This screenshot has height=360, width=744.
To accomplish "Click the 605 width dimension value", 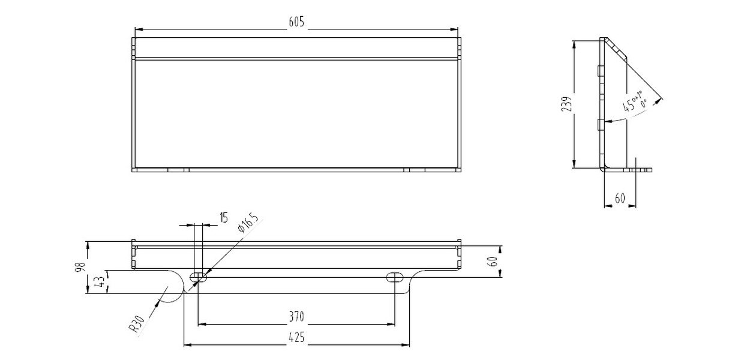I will click(297, 22).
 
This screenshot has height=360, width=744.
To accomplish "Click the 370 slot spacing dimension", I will click(296, 316).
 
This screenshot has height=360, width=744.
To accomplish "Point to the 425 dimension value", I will click(296, 338).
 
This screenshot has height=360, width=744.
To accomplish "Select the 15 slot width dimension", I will click(223, 218).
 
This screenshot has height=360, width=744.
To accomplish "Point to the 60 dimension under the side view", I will click(619, 198).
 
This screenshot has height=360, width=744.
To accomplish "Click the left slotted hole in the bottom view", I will click(198, 277).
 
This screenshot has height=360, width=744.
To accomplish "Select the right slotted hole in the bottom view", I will click(395, 277).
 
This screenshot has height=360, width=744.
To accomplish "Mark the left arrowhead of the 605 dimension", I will click(137, 28).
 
